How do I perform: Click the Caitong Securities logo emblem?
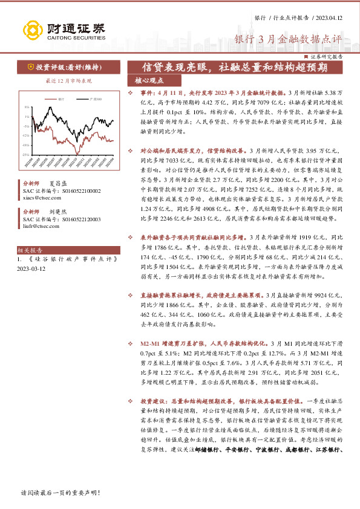33,30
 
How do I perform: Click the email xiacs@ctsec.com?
37,197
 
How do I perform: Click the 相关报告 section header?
28,250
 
